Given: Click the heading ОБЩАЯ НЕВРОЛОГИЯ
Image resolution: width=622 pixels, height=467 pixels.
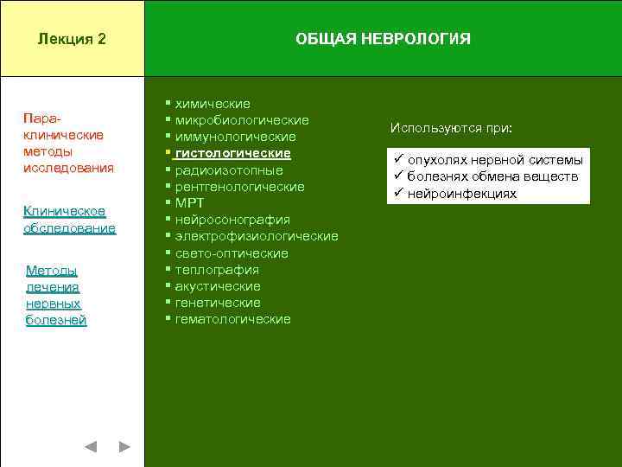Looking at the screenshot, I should [383, 40].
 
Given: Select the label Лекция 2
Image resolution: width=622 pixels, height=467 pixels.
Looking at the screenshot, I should [73, 40].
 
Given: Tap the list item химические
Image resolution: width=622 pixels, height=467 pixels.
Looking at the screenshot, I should [213, 104].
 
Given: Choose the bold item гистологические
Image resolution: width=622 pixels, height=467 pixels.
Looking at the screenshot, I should [232, 153].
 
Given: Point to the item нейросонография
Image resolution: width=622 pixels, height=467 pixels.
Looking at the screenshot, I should [232, 220].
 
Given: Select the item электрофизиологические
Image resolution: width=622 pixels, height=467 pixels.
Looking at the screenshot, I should [257, 236].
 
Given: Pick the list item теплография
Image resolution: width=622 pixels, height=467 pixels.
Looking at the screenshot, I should [217, 270].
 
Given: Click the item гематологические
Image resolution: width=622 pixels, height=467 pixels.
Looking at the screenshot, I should [232, 319].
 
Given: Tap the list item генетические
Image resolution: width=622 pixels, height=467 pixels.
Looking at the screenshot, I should [218, 303].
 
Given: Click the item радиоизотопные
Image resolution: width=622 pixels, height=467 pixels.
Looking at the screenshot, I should [229, 170].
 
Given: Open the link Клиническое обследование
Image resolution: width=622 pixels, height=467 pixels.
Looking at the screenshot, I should [69, 220].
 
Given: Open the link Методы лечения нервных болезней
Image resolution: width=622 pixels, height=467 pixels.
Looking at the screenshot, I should [56, 295].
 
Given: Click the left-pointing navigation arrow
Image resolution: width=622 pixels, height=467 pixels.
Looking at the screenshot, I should [91, 446].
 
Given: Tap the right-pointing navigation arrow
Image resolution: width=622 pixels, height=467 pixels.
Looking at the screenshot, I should [124, 446].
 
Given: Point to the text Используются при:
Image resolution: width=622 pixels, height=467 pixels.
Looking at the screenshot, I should [451, 128].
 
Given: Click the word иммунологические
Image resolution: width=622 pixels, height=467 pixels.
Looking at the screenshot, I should [235, 137].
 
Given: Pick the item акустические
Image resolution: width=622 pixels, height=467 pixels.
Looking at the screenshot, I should [218, 286].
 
